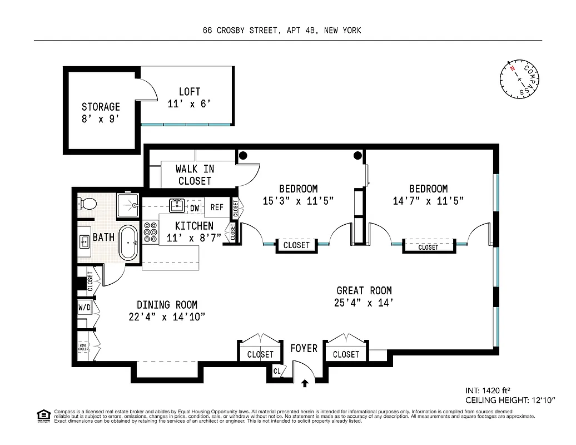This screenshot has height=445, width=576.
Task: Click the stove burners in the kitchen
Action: pyautogui.click(x=151, y=233)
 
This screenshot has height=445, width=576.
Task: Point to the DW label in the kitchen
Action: pyautogui.click(x=195, y=207)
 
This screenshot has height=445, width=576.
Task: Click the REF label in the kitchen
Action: pyautogui.click(x=217, y=207)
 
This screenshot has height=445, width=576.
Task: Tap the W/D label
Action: pyautogui.click(x=85, y=307)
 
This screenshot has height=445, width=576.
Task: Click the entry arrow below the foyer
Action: pyautogui.click(x=304, y=383)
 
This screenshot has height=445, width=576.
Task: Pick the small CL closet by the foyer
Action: pyautogui.click(x=276, y=370)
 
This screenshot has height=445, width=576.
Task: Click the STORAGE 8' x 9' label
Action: pyautogui.click(x=101, y=112)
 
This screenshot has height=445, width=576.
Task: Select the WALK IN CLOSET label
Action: pyautogui.click(x=195, y=175)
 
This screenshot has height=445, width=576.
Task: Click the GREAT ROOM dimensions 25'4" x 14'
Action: pyautogui.click(x=364, y=303)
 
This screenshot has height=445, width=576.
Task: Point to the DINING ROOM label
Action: pyautogui.click(x=167, y=305)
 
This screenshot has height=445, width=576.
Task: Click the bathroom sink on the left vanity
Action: pyautogui.click(x=85, y=241)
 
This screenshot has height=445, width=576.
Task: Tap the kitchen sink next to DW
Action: pyautogui.click(x=177, y=205)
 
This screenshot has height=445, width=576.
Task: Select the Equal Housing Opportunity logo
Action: pyautogui.click(x=42, y=415)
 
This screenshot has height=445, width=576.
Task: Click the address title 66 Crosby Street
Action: pyautogui.click(x=282, y=31)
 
